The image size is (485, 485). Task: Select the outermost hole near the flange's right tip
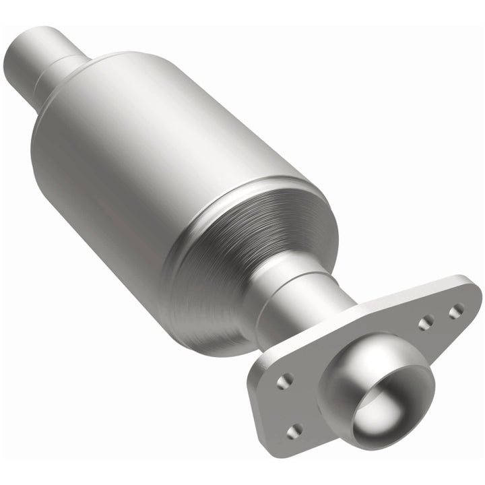(457, 311)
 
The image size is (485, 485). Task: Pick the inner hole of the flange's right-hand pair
(425, 324)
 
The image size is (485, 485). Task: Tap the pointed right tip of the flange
(476, 296)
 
